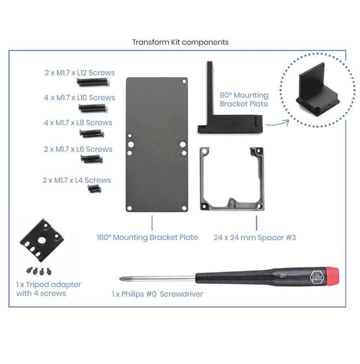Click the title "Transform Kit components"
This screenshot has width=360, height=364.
pos(180,42)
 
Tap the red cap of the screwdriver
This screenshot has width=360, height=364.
pos(330,276)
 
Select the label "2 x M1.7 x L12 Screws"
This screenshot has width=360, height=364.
pos(79,73)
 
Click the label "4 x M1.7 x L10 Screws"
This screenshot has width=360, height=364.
pos(79,98)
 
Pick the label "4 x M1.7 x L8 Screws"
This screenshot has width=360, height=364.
pos(78,123)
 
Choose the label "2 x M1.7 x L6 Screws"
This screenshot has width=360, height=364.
pos(78,150)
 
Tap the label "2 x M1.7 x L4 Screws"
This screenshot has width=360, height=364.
pos(77,180)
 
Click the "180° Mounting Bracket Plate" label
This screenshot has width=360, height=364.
pos(147,237)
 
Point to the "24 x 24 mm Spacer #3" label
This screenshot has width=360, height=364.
pos(255,238)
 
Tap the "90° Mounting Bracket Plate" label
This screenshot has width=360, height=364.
pos(244,99)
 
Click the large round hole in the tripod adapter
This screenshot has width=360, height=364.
pos(41,240)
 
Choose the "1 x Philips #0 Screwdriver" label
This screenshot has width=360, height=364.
pos(157,294)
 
